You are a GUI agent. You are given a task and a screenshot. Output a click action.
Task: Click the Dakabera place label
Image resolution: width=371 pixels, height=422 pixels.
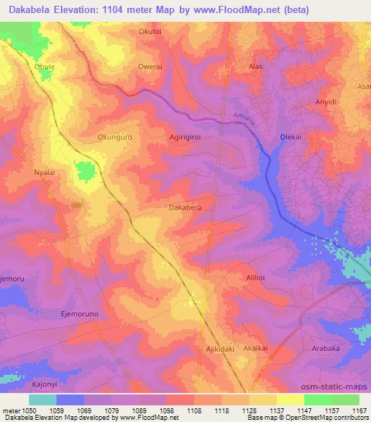click(x=185, y=207)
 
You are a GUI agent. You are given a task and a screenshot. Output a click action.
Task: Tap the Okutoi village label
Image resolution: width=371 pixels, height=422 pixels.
click(x=151, y=32)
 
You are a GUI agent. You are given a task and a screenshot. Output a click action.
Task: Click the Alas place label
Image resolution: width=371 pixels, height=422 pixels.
click(x=255, y=66)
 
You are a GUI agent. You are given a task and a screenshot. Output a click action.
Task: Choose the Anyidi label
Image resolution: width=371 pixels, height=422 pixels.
click(x=326, y=102)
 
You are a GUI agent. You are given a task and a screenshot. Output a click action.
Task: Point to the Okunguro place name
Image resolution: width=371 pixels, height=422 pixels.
click(x=116, y=136)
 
